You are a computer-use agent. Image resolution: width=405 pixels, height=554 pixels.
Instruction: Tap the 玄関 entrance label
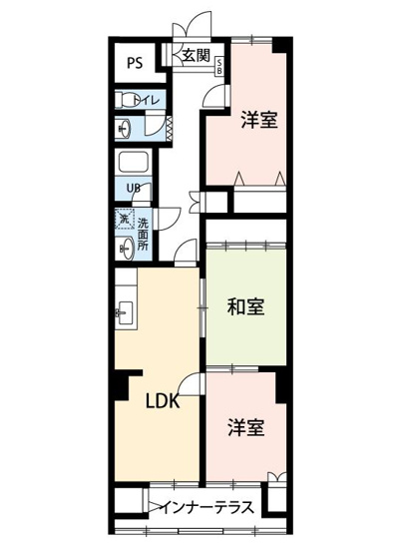[195, 56]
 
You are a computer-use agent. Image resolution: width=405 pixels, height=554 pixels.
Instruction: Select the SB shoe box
[220, 67]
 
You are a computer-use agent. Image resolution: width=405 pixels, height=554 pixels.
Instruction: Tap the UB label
[133, 189]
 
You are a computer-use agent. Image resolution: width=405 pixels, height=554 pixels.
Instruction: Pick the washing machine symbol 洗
[124, 219]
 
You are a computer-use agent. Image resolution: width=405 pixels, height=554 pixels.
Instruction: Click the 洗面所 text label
[143, 232]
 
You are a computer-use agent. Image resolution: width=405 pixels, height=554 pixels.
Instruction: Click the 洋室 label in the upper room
[258, 120]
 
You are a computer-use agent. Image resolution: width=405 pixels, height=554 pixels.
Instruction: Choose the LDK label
[164, 404]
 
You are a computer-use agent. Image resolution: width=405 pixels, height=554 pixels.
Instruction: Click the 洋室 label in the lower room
[245, 427]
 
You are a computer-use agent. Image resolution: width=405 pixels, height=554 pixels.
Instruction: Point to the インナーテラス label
[206, 506]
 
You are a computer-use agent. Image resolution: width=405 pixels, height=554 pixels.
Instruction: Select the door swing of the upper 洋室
[216, 95]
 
